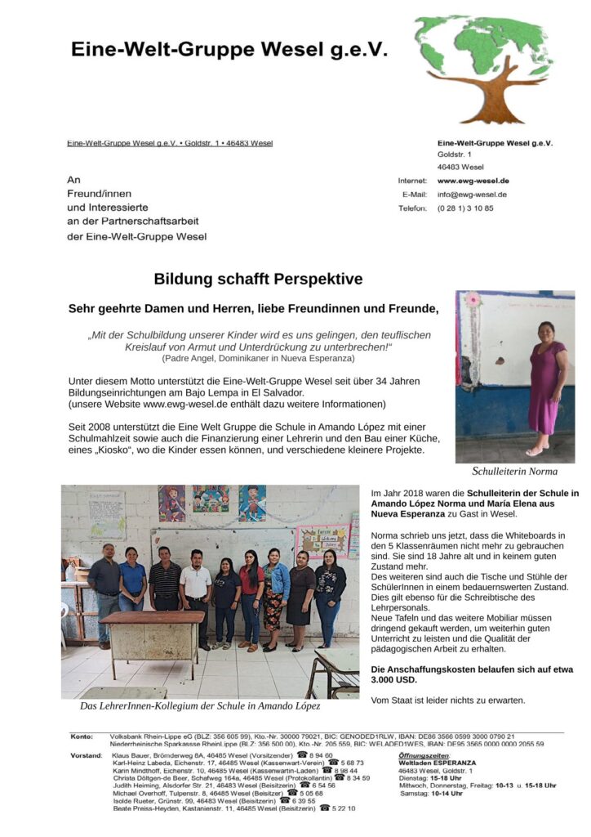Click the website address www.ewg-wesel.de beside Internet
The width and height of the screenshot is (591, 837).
(473, 181)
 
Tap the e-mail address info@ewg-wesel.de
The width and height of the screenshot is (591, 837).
(472, 195)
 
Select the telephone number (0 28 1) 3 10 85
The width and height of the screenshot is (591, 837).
(465, 208)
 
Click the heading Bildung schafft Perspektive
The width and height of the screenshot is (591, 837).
(258, 279)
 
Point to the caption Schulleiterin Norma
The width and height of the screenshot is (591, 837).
(514, 471)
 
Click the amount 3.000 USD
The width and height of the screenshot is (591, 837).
(392, 679)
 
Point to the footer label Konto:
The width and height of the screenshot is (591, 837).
(82, 736)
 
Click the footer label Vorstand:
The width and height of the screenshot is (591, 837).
(86, 755)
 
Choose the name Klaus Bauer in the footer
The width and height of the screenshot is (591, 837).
(128, 755)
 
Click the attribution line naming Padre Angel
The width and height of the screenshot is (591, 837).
(258, 358)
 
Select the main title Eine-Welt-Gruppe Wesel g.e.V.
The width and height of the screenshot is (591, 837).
(229, 49)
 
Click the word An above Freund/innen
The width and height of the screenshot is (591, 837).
(73, 179)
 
